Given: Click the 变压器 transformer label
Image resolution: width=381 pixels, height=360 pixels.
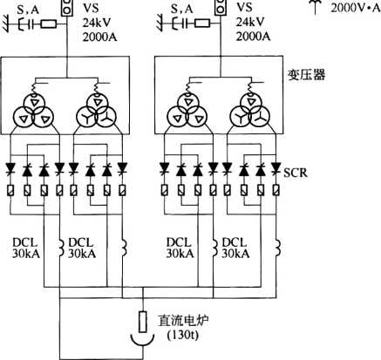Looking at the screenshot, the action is (x=307, y=75).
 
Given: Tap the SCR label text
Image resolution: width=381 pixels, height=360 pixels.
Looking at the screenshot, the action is (x=296, y=173).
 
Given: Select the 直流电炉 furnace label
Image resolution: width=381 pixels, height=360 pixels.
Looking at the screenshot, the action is (x=183, y=321).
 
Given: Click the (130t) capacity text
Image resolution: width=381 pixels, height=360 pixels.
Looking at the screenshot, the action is (x=183, y=335).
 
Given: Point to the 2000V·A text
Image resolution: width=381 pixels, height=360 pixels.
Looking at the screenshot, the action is (x=356, y=8).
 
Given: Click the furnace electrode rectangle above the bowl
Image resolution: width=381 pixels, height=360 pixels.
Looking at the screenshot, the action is (x=142, y=322).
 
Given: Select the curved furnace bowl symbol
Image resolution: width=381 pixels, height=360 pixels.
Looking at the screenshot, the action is (x=142, y=341).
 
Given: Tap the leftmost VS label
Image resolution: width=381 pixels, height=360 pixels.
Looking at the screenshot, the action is (x=91, y=8).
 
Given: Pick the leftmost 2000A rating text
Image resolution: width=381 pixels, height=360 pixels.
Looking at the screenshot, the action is (x=100, y=37).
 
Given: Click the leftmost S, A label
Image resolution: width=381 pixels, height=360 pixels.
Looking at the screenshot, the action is (x=28, y=10).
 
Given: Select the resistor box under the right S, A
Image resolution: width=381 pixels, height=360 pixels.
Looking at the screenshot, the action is (x=202, y=24).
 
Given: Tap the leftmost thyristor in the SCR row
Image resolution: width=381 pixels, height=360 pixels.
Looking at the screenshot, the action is (x=11, y=168).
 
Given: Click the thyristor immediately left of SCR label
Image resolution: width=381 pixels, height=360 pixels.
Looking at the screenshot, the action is (x=276, y=168).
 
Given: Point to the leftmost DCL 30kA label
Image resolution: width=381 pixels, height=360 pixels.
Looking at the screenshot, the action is (x=25, y=248).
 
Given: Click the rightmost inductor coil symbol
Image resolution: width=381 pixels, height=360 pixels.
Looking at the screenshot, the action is (x=277, y=248).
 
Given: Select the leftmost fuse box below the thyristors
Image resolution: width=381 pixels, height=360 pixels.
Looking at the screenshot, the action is (x=10, y=190).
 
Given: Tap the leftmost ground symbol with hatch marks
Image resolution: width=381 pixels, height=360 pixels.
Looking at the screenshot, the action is (x=6, y=24).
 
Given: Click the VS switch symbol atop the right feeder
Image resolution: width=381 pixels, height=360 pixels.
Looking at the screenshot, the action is (x=220, y=7).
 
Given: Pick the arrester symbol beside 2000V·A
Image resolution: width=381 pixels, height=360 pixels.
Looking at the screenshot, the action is (x=316, y=6).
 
